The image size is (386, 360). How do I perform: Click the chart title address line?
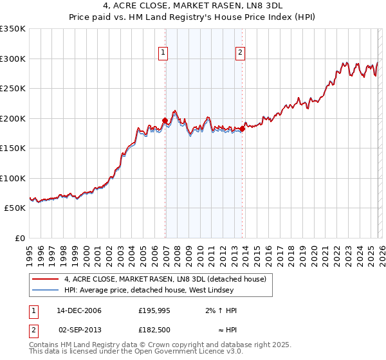(x=192, y=6)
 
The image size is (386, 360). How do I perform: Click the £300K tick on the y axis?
(x=12, y=59)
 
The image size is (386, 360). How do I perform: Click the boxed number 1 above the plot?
(x=163, y=53)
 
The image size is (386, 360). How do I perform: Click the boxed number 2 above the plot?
(x=240, y=53)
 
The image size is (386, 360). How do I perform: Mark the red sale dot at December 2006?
(x=165, y=120)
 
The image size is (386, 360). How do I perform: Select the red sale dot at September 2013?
(x=242, y=129)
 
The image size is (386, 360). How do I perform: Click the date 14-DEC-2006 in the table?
(x=79, y=310)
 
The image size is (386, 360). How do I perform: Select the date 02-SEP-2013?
(x=79, y=330)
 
